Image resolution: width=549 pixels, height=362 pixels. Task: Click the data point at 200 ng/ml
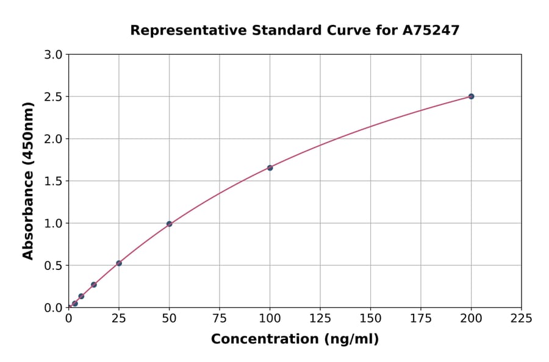471,96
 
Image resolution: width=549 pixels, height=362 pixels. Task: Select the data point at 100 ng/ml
270,168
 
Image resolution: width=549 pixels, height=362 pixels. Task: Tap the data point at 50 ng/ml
169,224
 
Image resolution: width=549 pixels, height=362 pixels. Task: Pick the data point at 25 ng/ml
119,263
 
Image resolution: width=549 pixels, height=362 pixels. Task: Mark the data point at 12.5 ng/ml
94,285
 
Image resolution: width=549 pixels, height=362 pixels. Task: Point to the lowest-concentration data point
75,303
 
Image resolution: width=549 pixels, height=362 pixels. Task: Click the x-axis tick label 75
220,318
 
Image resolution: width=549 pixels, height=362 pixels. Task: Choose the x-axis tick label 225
522,318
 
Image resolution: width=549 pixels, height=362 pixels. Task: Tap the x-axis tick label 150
370,318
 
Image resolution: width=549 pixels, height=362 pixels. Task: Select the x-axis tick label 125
320,318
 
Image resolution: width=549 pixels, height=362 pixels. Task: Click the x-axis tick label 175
421,318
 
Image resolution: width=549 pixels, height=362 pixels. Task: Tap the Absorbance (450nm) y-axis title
28,180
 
